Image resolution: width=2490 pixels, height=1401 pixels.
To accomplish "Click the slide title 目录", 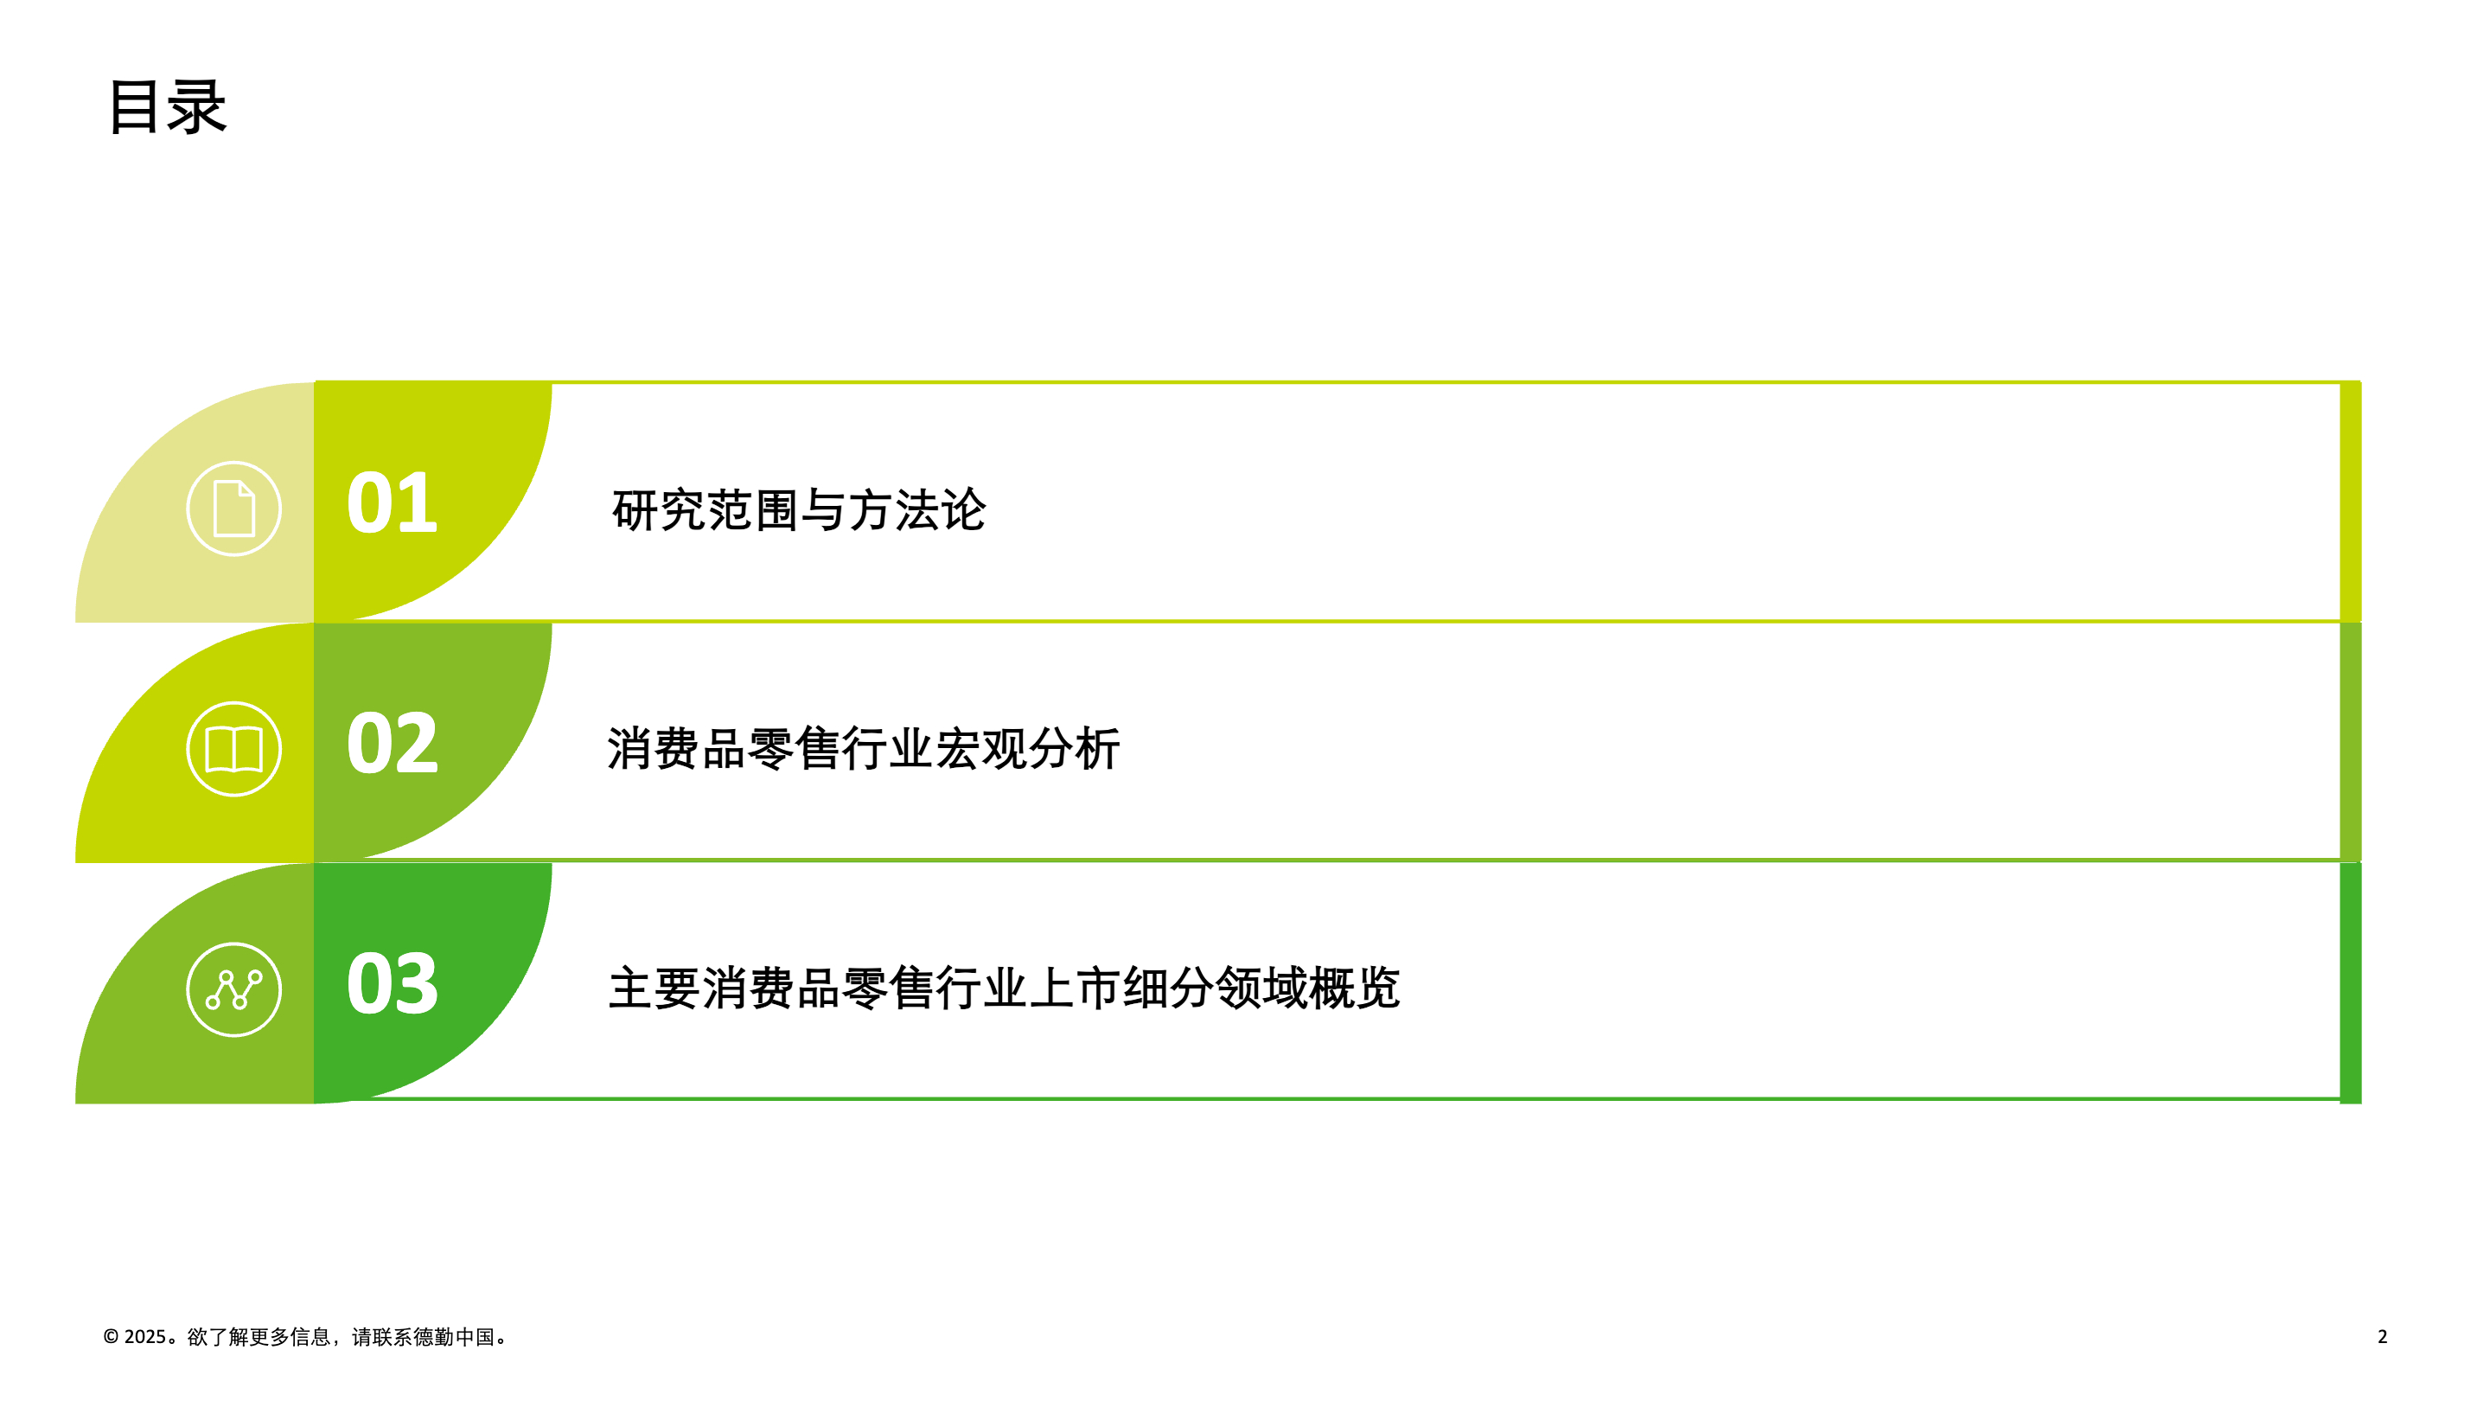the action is click(x=167, y=106).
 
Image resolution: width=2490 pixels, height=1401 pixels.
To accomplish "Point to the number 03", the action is click(x=392, y=983).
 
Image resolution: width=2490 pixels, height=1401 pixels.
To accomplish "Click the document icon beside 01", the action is click(x=234, y=508).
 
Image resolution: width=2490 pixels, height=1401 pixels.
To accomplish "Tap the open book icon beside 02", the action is click(x=234, y=748).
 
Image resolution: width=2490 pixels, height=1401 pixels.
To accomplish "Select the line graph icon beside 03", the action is click(x=234, y=989).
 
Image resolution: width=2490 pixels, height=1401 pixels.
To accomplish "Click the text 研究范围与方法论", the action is click(x=798, y=509).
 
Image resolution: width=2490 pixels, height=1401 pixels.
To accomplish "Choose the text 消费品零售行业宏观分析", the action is click(x=863, y=748).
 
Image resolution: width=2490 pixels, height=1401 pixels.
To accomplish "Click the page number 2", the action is click(x=2382, y=1336).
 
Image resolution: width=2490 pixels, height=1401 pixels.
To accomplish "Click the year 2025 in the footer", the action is click(x=145, y=1336).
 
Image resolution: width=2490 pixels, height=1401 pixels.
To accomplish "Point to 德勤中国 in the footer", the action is click(x=454, y=1336).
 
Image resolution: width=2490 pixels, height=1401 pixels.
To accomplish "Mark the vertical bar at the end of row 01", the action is click(x=2350, y=501).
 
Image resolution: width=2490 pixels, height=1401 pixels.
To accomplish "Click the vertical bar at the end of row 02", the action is click(x=2350, y=742).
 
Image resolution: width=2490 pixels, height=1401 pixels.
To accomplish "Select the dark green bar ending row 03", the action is click(x=2350, y=982).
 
